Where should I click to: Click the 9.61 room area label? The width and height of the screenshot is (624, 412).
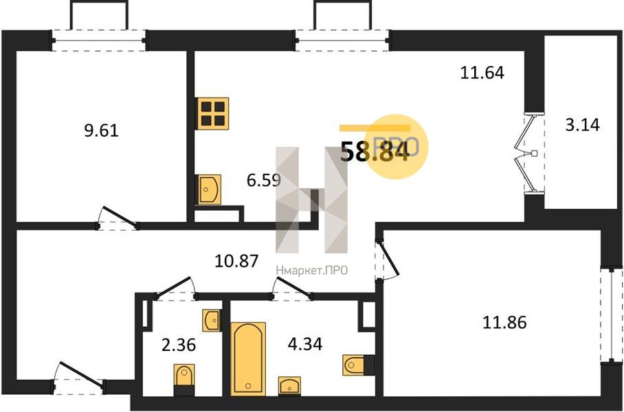(x=102, y=130)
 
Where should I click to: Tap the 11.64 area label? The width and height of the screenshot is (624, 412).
(x=482, y=73)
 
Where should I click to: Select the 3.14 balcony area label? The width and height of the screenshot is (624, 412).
(x=582, y=125)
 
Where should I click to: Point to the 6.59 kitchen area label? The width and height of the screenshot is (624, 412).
(x=264, y=181)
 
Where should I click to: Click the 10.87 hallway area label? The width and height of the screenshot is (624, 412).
(x=236, y=262)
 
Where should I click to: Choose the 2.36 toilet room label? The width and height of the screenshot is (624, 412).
(x=179, y=345)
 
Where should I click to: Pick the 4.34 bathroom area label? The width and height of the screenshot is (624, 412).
(x=305, y=344)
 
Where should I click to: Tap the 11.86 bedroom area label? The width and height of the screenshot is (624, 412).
(x=504, y=322)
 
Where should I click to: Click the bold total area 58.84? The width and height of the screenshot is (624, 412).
(x=375, y=152)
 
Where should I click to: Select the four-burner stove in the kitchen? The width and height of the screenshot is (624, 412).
(x=212, y=113)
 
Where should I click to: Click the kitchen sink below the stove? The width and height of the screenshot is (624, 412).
(x=208, y=190)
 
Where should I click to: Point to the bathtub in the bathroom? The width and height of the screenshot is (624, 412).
(x=248, y=359)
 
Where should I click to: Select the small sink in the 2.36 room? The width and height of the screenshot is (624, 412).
(x=212, y=320)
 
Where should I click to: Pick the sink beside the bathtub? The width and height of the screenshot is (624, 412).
(x=290, y=386)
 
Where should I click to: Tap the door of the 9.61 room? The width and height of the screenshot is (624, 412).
(x=118, y=218)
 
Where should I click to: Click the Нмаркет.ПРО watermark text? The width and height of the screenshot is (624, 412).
(x=311, y=271)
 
